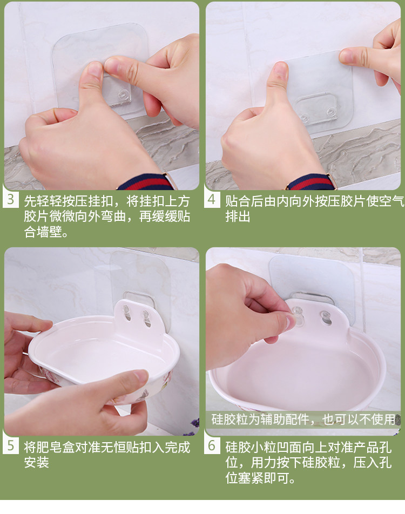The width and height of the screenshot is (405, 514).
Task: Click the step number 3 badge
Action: pyautogui.click(x=10, y=199)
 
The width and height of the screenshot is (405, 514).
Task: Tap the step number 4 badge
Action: pyautogui.click(x=212, y=199)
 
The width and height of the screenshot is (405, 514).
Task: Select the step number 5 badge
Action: pyautogui.click(x=10, y=446)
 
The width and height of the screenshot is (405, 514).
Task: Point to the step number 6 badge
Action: pyautogui.click(x=212, y=446)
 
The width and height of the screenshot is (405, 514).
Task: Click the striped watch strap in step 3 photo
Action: pyautogui.click(x=146, y=182)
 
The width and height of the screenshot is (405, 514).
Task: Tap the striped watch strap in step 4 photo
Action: pyautogui.click(x=311, y=182)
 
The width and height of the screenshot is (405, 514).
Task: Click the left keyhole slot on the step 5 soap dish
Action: pyautogui.click(x=126, y=313)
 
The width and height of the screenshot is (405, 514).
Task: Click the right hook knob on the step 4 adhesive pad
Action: pyautogui.click(x=331, y=112)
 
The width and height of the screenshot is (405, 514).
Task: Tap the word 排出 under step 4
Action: pyautogui.click(x=238, y=217)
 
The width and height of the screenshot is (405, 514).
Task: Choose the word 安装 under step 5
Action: pyautogui.click(x=36, y=462)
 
